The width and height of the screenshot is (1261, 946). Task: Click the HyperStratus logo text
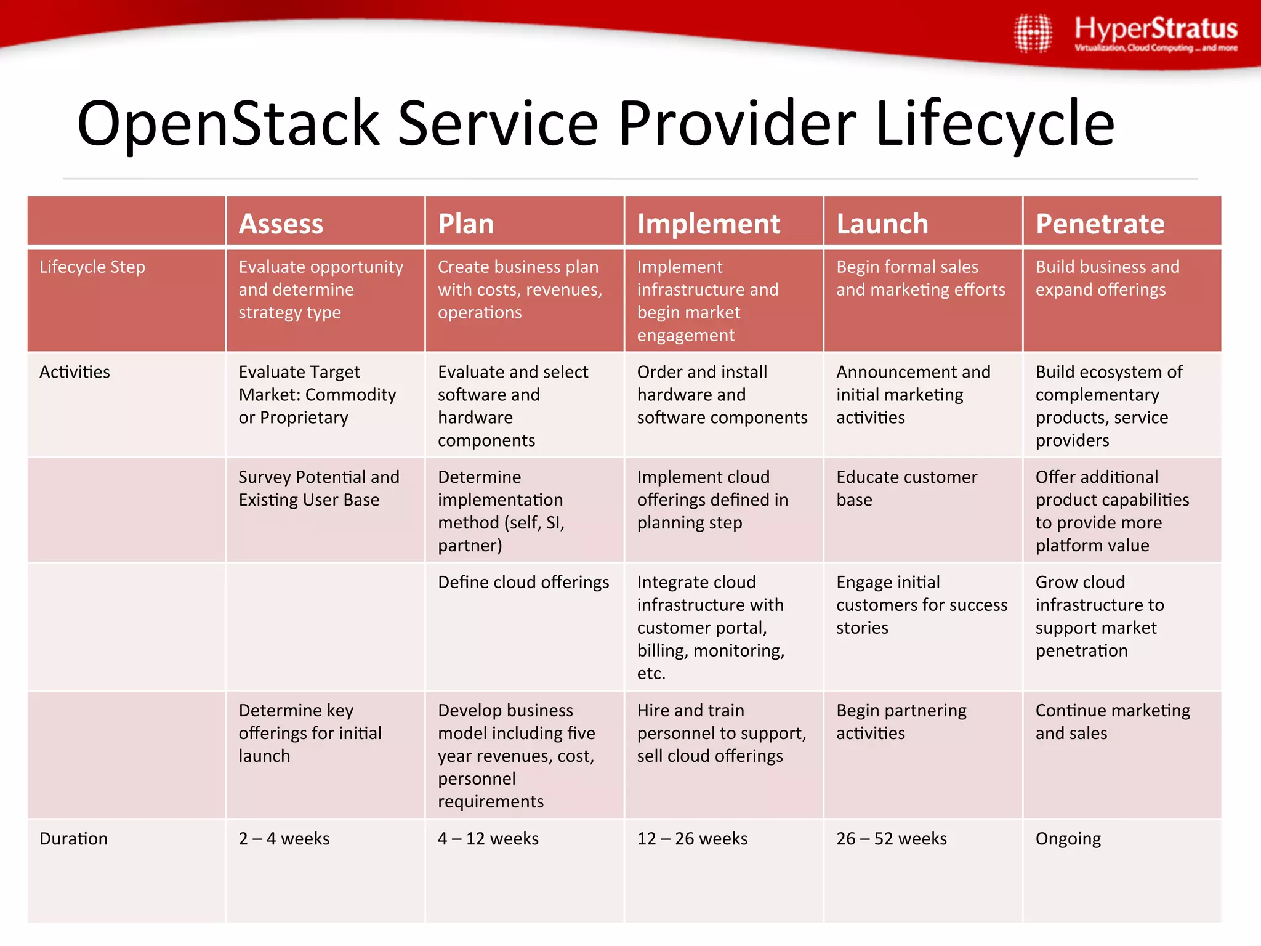click(x=1156, y=30)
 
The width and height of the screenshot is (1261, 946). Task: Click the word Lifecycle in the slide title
click(x=994, y=124)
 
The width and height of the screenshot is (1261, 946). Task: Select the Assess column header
click(x=281, y=224)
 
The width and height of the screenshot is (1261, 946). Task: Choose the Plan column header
click(x=466, y=224)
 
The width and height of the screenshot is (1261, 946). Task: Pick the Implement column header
click(x=708, y=224)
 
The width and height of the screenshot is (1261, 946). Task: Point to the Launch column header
click(x=882, y=224)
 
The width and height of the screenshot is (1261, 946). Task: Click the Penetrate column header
click(x=1100, y=224)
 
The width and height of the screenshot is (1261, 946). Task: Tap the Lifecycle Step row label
click(x=92, y=267)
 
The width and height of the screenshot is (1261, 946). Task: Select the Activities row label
click(x=75, y=372)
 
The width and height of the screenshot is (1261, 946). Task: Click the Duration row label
click(x=73, y=839)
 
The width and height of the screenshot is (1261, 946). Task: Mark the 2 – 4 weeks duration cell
click(x=284, y=839)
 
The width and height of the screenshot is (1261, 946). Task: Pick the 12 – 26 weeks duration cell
click(x=692, y=839)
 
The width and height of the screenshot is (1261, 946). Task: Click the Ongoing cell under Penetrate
click(x=1068, y=839)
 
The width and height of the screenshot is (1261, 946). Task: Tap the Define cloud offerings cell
click(x=523, y=582)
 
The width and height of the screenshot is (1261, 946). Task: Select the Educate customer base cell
click(x=906, y=488)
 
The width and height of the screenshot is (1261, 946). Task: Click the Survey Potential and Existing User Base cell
click(x=319, y=488)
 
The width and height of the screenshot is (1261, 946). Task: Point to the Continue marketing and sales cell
click(x=1113, y=722)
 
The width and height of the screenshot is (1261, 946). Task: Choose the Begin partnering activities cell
click(x=901, y=722)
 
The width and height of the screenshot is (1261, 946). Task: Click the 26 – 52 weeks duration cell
click(x=891, y=839)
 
